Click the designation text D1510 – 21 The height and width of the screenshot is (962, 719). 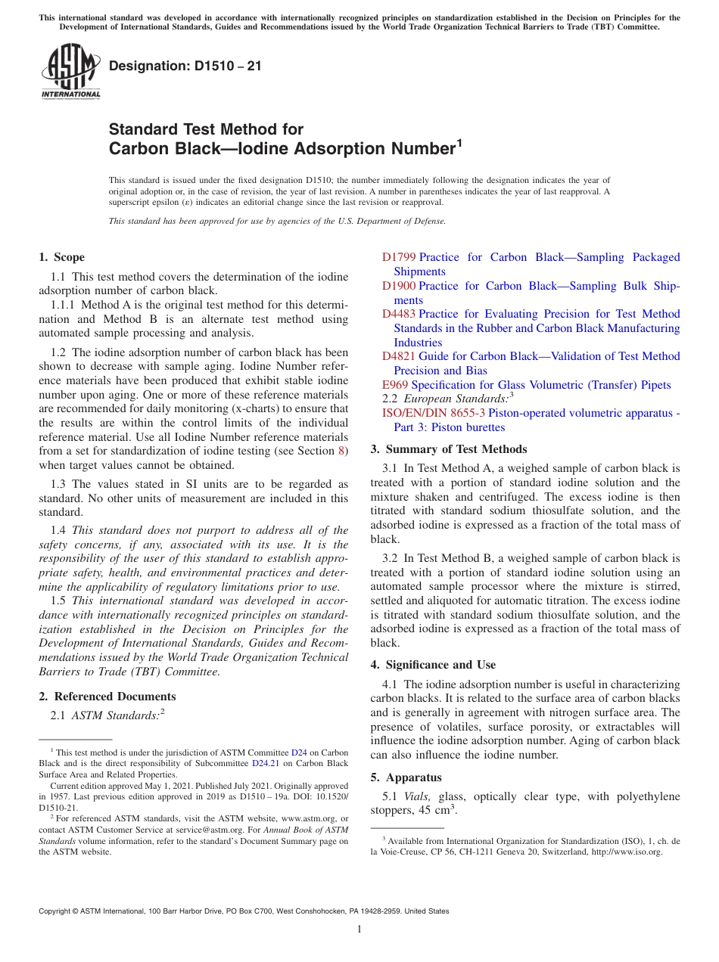click(185, 66)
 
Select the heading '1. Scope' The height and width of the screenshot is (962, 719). click(61, 257)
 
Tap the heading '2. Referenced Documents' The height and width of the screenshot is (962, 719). click(107, 697)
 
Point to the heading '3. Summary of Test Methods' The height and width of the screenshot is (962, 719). click(449, 448)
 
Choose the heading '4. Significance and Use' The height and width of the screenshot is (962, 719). click(433, 665)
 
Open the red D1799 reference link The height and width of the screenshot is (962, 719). click(399, 257)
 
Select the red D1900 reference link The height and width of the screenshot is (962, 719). click(399, 286)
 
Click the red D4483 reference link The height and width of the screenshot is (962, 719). click(399, 314)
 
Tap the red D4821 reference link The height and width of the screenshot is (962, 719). click(399, 356)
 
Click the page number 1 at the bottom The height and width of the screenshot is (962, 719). click(359, 929)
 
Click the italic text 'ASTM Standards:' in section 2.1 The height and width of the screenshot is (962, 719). click(114, 715)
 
